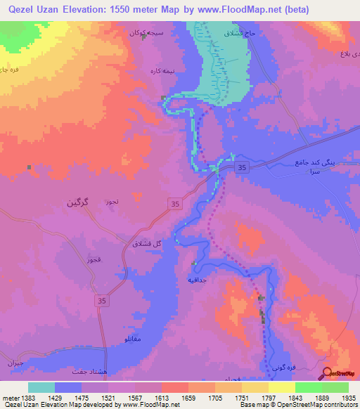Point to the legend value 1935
tap(348, 397)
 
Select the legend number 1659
tap(188, 397)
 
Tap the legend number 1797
tap(268, 397)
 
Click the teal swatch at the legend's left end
tap(41, 387)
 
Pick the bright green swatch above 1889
tap(308, 387)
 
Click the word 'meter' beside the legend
tap(10, 397)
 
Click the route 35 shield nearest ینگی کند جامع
tap(242, 167)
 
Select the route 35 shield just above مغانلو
tap(101, 300)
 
